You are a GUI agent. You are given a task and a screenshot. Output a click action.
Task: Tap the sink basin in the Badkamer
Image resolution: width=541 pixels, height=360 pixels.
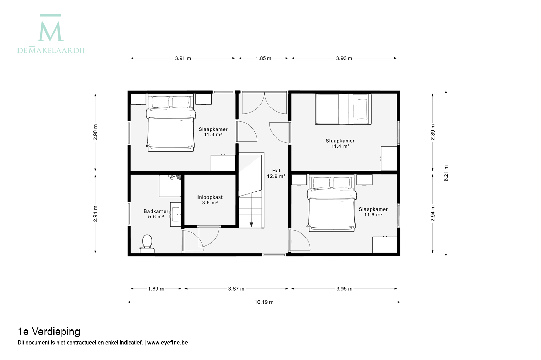tap(176, 214)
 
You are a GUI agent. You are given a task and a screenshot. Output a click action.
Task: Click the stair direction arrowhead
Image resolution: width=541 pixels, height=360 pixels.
tap(251, 225)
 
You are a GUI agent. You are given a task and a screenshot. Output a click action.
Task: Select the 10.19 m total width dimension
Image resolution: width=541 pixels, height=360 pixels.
tap(264, 302)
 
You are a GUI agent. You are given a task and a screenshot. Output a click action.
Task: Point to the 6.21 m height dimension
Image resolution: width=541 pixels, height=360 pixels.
tap(446, 173)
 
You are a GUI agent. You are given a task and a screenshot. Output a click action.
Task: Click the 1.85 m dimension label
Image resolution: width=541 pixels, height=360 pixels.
tap(264, 58)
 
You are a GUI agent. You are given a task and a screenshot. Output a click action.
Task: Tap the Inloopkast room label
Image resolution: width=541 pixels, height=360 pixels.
tap(210, 197)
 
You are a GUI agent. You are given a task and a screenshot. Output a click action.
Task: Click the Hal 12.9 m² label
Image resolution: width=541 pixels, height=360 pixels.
tap(276, 173)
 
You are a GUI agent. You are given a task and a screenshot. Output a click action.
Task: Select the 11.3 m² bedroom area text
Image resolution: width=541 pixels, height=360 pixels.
tap(213, 135)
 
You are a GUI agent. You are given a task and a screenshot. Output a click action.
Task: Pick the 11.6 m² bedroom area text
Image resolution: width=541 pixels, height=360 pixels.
tap(373, 215)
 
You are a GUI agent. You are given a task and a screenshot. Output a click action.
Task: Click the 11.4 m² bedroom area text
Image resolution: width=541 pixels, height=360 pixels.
tap(340, 146)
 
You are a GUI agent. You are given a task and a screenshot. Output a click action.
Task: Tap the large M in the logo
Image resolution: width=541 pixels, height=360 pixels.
tap(51, 32)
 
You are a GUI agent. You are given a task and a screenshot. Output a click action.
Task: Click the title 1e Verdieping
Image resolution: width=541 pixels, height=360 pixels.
tap(49, 332)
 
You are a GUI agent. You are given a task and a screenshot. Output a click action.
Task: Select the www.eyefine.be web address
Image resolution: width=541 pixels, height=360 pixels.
tap(167, 343)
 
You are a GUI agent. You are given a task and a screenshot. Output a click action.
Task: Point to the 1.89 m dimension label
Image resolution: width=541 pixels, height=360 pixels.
tap(156, 289)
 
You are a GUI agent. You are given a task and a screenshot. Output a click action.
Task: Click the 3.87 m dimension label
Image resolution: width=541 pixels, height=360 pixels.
tap(236, 289)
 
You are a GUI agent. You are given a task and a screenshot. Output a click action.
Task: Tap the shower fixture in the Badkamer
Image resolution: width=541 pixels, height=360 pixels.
tap(170, 185)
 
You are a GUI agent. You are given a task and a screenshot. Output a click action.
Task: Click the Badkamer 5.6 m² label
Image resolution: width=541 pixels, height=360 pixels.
tap(156, 214)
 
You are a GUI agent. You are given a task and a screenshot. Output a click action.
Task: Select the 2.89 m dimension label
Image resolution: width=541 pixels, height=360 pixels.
tap(433, 132)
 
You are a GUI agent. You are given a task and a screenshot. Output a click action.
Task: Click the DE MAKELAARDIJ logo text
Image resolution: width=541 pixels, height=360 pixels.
tap(51, 50)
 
